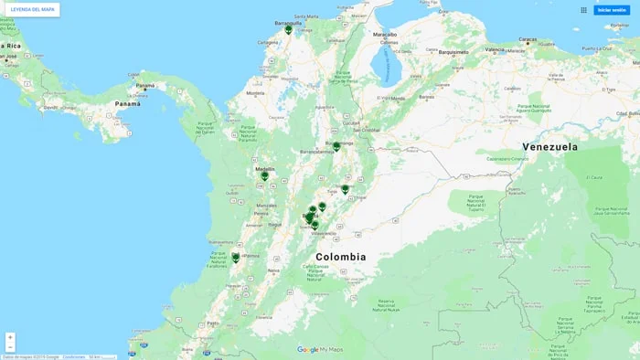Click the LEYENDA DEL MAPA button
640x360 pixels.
click(33, 9)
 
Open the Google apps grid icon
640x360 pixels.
click(584, 10)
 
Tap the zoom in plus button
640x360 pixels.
click(10, 337)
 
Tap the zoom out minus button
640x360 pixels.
click(10, 347)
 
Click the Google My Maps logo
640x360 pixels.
click(320, 350)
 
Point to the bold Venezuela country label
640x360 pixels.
click(549, 146)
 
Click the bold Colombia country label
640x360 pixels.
click(341, 257)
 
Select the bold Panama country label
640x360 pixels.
click(128, 104)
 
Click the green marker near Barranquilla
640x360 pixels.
click(289, 29)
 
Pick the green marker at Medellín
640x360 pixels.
click(265, 175)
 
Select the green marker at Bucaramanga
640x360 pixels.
click(336, 145)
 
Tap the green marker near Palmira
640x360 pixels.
click(236, 257)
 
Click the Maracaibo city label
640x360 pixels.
click(385, 34)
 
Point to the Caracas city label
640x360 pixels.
click(528, 40)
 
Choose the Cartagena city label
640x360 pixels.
click(268, 42)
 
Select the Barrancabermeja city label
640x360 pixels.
click(315, 152)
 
